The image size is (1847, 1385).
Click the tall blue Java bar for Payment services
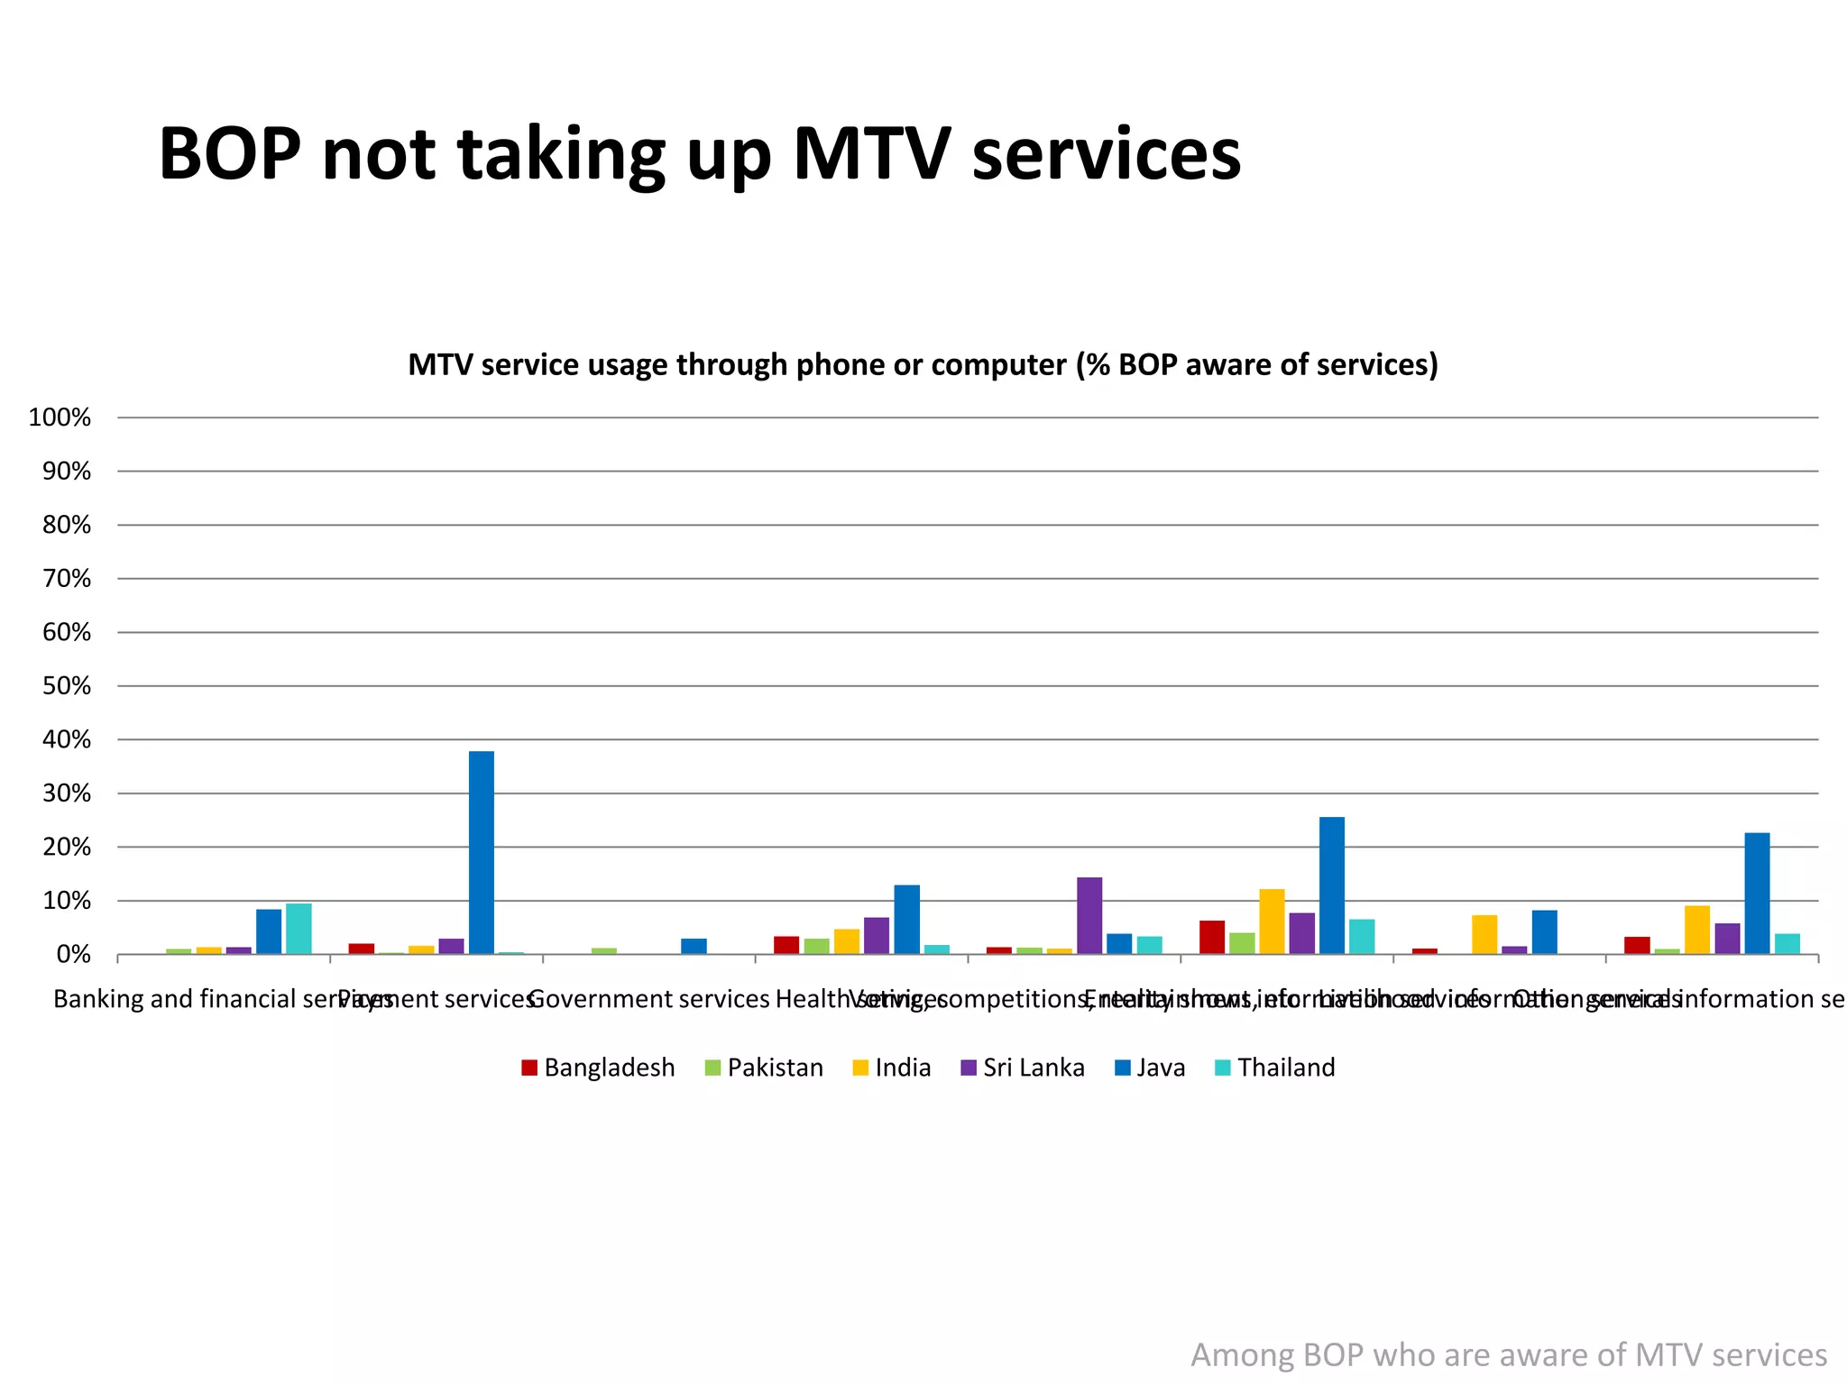point(481,852)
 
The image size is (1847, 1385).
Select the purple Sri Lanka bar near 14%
point(1089,915)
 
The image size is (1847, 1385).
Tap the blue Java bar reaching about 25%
point(1331,885)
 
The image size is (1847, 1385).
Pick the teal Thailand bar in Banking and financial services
point(299,929)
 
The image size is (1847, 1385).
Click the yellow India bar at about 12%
point(1272,922)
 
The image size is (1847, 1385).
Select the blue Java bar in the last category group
point(1757,893)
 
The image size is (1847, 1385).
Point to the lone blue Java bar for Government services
point(694,946)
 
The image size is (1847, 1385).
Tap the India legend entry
point(892,1068)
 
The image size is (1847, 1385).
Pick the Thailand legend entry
point(1275,1068)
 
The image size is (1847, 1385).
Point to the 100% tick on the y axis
point(60,417)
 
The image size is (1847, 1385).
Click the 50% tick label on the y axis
point(66,686)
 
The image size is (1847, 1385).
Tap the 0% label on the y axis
point(72,955)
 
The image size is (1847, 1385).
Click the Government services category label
point(648,999)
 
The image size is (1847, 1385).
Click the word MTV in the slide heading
point(870,153)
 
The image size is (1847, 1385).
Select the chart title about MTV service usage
point(923,364)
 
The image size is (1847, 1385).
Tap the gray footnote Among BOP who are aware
point(1508,1355)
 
